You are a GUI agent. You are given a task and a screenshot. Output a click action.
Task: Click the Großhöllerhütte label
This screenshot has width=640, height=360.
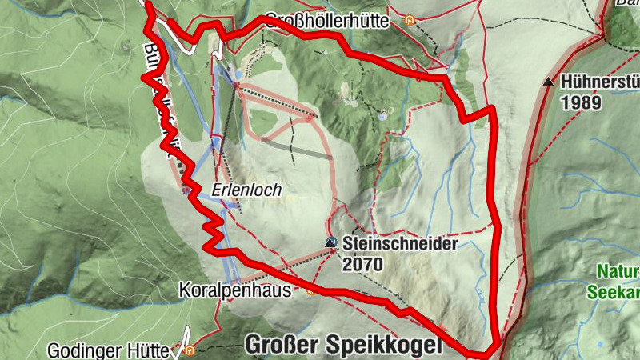[x=326, y=21]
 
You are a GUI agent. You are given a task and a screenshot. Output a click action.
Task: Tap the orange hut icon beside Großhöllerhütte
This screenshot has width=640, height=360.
[x=410, y=21]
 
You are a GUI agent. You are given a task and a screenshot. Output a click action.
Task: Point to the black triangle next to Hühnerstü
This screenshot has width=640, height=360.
[x=548, y=82]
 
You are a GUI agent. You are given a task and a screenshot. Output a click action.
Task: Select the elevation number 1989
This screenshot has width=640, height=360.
[x=578, y=102]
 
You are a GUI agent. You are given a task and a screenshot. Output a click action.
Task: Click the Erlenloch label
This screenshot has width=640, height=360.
[x=237, y=190]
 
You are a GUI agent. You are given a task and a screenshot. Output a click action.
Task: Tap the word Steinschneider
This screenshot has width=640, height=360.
[x=400, y=243]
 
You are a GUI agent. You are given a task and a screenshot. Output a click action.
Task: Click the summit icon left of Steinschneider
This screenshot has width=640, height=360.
[x=330, y=242]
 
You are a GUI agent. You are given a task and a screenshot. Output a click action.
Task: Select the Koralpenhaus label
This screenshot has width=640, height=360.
[x=235, y=288]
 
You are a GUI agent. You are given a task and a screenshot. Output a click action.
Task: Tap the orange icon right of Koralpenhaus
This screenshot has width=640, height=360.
[x=310, y=291]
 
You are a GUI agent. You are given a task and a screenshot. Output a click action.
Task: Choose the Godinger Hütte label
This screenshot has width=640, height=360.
[x=109, y=350]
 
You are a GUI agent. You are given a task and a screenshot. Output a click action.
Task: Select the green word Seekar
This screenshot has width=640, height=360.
[x=614, y=293]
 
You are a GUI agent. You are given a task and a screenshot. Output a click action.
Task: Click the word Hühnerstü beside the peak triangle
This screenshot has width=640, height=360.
[x=600, y=82]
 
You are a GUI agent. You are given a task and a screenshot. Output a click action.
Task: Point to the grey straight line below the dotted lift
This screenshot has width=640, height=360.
[x=296, y=148]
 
